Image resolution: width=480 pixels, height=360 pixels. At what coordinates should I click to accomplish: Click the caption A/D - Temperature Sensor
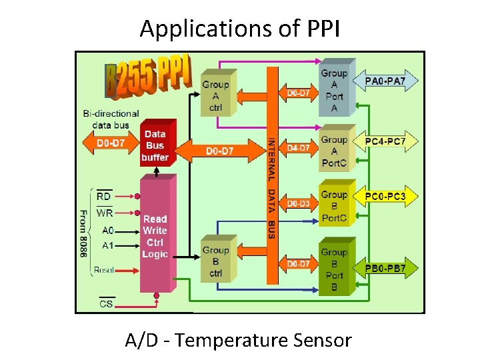[x=238, y=340]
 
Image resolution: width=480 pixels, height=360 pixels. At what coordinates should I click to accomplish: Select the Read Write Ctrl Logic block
[x=155, y=236]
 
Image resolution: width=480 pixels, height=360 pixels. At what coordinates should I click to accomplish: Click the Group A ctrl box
[x=215, y=95]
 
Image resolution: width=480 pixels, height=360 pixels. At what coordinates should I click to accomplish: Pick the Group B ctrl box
[x=215, y=261]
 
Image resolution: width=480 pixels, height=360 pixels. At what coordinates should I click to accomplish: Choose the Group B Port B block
[x=334, y=269]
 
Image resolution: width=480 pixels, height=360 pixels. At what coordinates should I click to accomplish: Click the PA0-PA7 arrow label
[x=390, y=82]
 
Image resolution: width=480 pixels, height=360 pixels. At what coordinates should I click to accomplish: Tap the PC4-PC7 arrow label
[x=390, y=141]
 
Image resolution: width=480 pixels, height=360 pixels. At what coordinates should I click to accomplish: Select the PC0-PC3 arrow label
[x=390, y=197]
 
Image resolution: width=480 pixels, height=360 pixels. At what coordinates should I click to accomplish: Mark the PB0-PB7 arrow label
[x=390, y=268]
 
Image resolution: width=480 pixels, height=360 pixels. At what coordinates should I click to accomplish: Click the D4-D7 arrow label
[x=298, y=147]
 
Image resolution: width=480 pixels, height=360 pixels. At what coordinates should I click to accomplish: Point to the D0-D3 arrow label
[x=298, y=202]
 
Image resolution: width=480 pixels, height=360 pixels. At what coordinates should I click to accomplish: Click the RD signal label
[x=104, y=196]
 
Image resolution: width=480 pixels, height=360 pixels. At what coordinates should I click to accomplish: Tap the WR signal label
[x=104, y=213]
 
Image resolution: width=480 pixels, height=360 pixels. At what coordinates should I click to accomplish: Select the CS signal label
[x=105, y=303]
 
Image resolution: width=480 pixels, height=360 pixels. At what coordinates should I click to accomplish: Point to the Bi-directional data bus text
[x=111, y=119]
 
